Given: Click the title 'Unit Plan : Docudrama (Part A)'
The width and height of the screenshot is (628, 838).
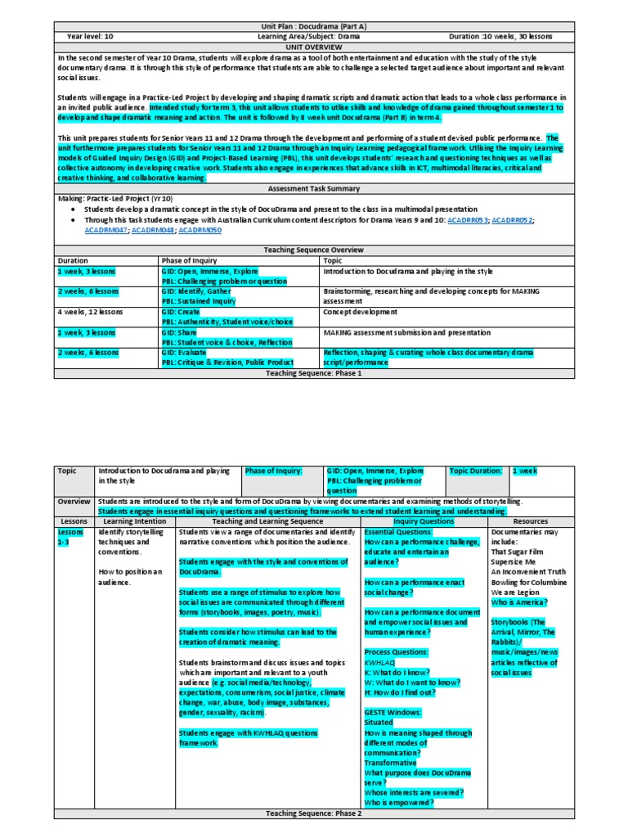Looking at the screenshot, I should (x=314, y=27).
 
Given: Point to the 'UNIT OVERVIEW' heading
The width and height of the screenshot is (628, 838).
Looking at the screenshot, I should (x=314, y=47).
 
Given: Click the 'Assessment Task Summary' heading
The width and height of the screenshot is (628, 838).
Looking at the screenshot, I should (x=314, y=187).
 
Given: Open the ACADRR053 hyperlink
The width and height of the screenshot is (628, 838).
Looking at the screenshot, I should (x=468, y=221).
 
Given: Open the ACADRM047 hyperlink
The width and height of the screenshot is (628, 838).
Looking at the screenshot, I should (x=105, y=231).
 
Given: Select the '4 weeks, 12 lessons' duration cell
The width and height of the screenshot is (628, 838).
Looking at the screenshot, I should (x=87, y=312).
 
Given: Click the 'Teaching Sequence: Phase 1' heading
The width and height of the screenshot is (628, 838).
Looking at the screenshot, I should (x=314, y=373).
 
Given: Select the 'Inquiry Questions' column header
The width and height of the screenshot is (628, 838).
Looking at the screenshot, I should (x=423, y=520).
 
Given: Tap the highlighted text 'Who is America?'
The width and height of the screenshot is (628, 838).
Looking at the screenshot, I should (x=519, y=601).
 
